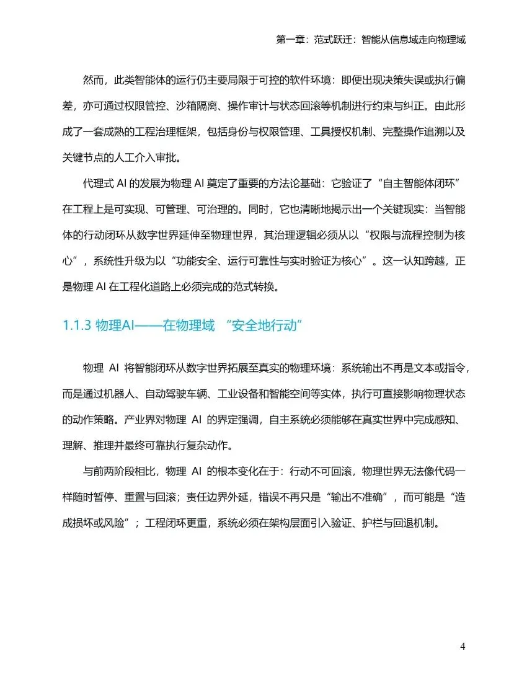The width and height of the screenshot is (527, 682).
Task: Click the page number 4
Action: (463, 647)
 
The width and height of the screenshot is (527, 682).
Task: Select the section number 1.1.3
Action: (77, 325)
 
